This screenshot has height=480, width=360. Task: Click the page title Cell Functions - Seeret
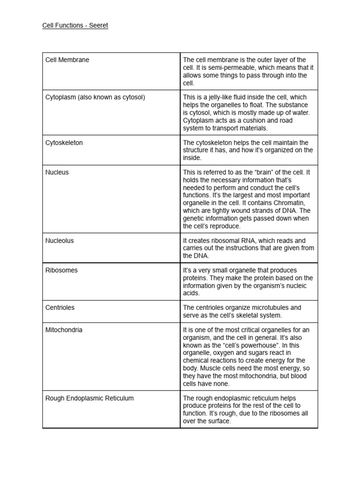pos(75,25)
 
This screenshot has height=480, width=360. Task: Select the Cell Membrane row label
pos(67,60)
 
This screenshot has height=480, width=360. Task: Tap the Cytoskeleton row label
pos(64,142)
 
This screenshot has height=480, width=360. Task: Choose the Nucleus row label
pos(57,172)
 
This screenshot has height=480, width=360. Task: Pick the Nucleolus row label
pos(59,240)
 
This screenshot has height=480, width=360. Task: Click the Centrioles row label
pos(60,307)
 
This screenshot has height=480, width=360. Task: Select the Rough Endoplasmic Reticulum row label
pos(89,398)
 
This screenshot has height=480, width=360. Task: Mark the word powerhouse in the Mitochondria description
pos(248,345)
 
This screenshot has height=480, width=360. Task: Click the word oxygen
pos(226,352)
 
